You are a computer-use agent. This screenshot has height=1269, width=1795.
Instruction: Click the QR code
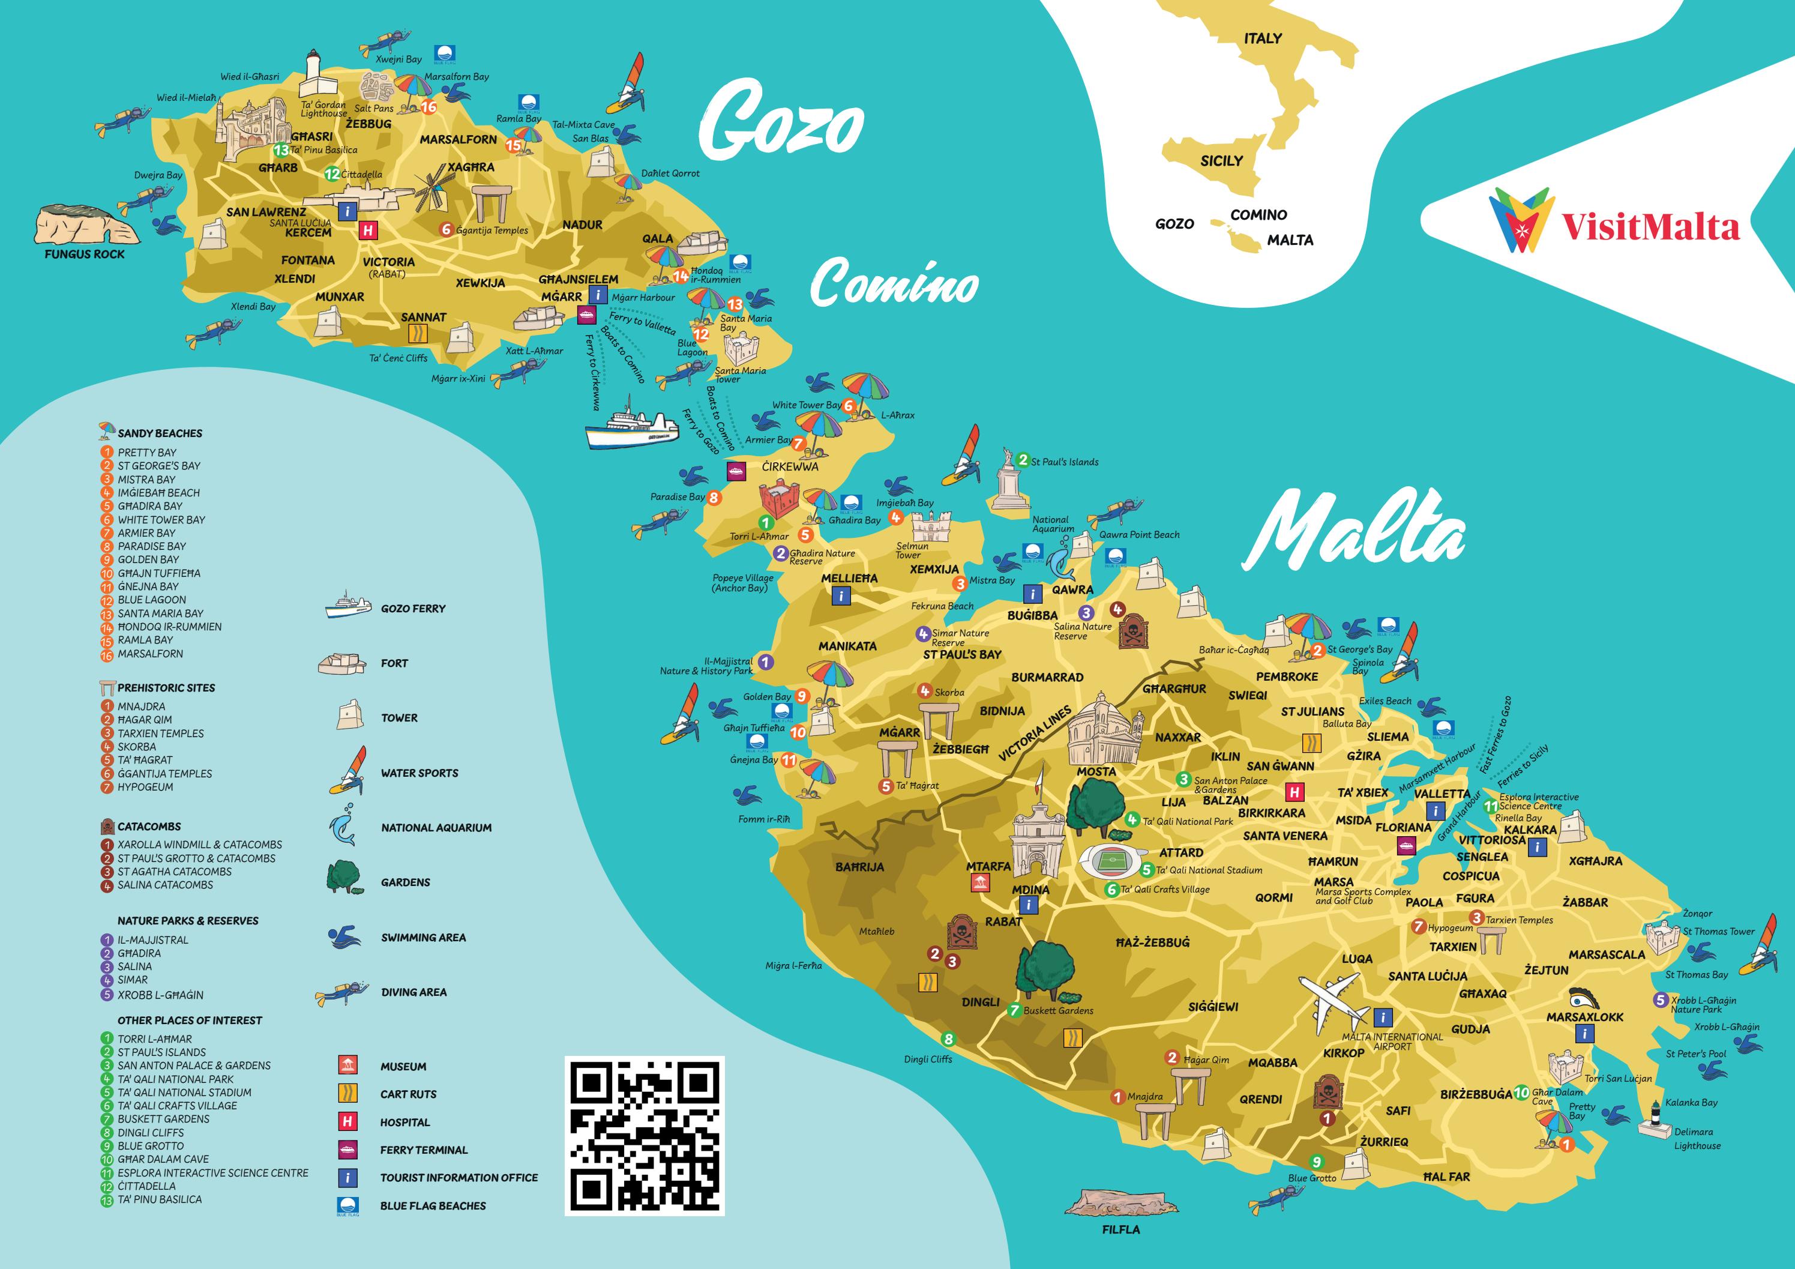coord(644,1135)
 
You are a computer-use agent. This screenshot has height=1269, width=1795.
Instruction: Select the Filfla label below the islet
coord(1120,1229)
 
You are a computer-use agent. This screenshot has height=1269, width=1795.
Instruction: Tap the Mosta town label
coord(1096,771)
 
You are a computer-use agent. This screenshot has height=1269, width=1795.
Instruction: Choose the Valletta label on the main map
coord(1442,793)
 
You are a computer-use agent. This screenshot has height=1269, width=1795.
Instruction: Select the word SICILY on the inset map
coord(1221,161)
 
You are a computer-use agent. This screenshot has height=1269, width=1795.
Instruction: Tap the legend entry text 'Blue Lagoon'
coord(152,600)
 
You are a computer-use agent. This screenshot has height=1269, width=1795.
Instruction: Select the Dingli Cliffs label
coord(928,1059)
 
